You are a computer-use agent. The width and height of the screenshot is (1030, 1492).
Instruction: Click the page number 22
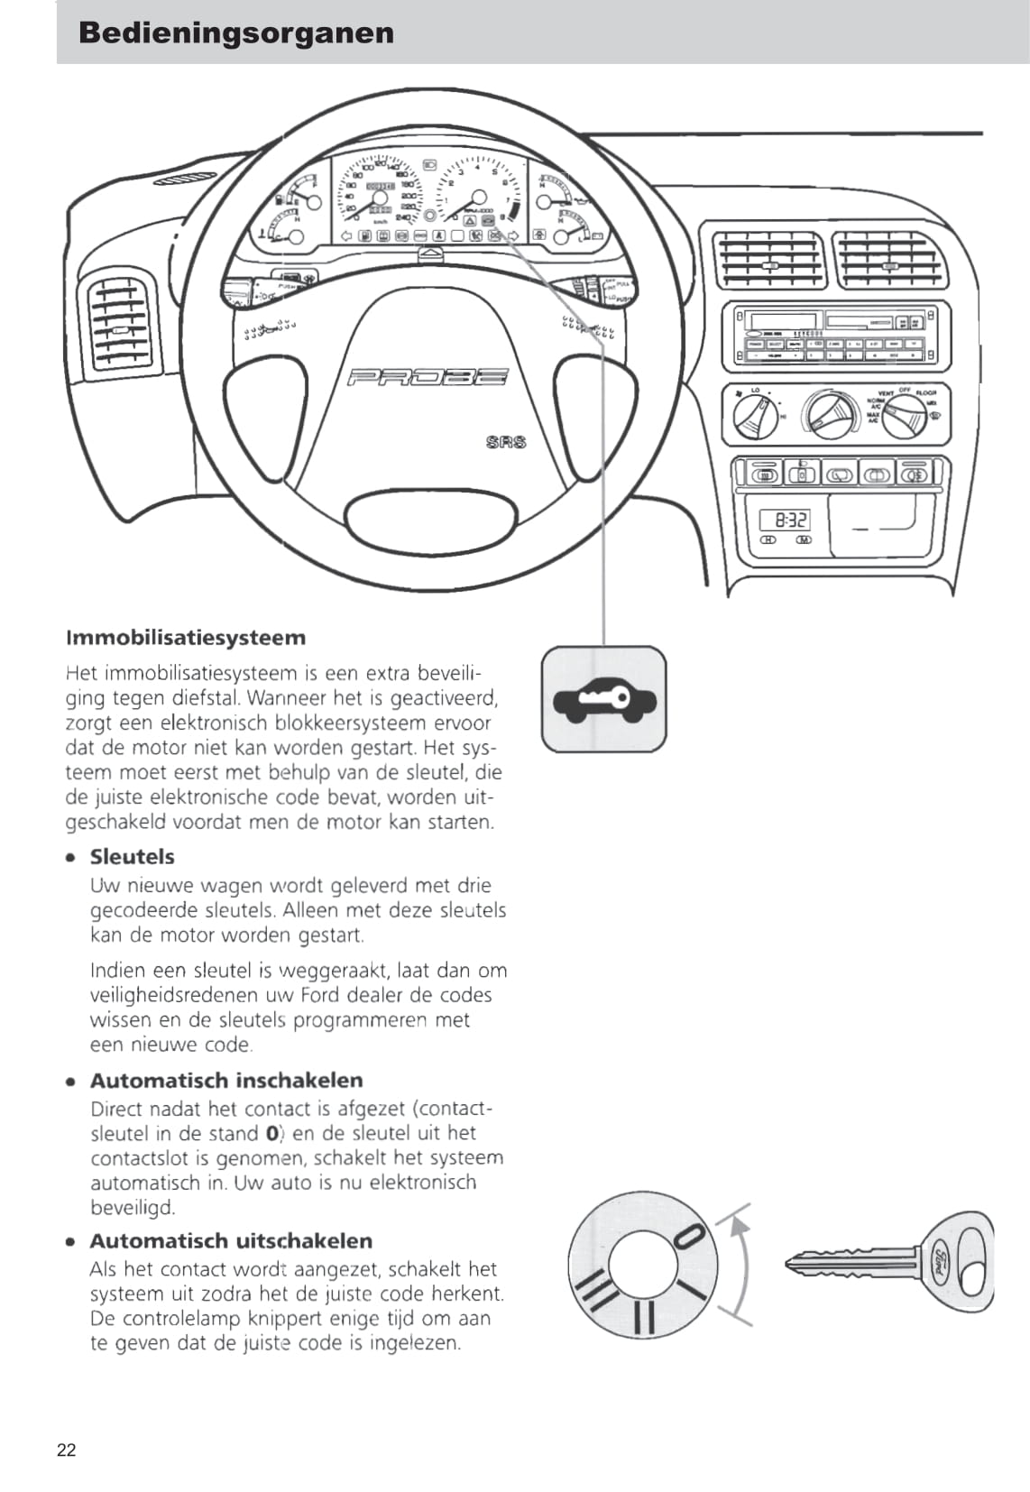pos(67,1450)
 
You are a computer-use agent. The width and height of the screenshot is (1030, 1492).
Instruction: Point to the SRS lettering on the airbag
pos(505,442)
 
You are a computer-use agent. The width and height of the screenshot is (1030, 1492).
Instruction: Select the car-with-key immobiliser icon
pos(603,700)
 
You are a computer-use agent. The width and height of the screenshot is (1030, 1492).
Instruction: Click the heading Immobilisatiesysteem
pos(186,638)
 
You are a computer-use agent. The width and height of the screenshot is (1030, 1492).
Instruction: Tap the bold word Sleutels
pos(133,856)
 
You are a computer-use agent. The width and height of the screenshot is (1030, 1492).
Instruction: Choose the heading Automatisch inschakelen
pos(226,1080)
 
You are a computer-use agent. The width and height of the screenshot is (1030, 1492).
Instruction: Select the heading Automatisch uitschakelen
pos(231,1240)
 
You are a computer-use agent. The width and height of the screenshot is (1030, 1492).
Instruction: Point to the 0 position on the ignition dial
pos(690,1236)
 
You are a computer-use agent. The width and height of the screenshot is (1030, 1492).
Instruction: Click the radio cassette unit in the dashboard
pos(835,336)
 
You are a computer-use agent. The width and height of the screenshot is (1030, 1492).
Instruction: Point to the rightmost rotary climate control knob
pos(903,417)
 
